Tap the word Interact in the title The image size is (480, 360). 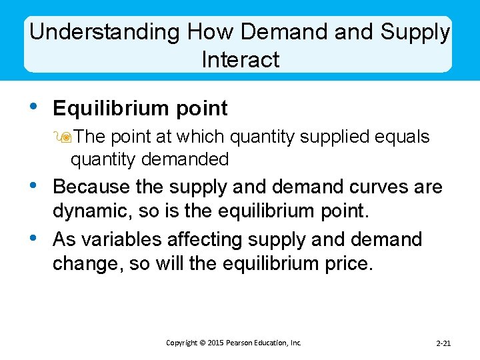240,59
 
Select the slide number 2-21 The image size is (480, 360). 443,343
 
